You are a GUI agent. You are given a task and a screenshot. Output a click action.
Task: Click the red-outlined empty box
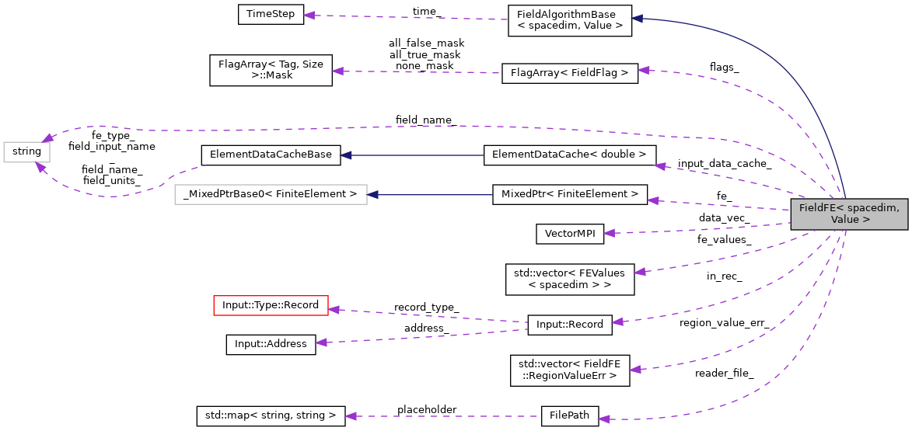[271, 306]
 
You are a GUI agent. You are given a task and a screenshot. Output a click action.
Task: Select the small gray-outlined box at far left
[26, 152]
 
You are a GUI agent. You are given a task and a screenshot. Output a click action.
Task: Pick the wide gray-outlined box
[271, 194]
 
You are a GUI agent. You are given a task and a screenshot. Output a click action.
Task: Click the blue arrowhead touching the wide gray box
[373, 194]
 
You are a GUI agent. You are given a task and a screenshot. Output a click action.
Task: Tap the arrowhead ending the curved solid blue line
[637, 18]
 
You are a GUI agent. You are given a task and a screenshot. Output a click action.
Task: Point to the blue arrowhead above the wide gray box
[346, 155]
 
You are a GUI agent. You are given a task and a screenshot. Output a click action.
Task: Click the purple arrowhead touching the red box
[334, 310]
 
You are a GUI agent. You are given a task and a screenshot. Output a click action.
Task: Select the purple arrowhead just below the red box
[321, 342]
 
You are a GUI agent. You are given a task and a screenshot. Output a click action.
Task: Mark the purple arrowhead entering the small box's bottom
[40, 166]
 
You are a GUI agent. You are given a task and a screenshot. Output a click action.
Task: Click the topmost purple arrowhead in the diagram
[309, 16]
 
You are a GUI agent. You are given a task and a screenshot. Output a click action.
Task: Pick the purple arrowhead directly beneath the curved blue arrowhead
[643, 70]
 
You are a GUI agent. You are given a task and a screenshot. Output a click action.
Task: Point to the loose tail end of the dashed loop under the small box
[204, 165]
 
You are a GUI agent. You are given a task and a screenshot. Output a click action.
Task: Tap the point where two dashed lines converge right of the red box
[528, 325]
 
